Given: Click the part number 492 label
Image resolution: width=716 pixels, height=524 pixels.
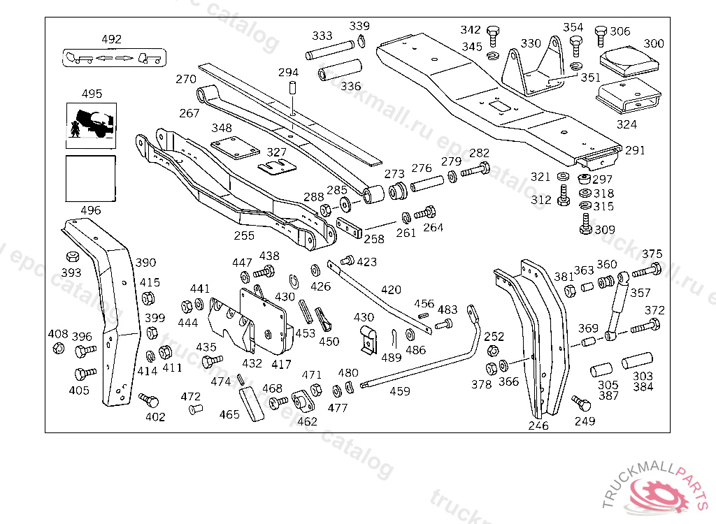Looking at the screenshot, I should click(x=111, y=39).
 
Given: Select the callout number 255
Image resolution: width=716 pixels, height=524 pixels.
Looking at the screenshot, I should click(x=244, y=235).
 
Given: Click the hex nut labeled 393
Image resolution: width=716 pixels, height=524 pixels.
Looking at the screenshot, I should click(x=71, y=256).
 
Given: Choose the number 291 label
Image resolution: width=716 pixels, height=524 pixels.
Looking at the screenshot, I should click(x=635, y=150).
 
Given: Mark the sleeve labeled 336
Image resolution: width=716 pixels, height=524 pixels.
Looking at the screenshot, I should click(x=341, y=71).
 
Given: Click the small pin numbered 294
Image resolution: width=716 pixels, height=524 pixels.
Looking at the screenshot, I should click(x=293, y=89).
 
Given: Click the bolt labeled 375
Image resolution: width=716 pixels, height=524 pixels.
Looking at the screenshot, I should click(x=647, y=270).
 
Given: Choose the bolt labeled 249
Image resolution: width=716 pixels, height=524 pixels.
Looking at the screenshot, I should click(x=579, y=404).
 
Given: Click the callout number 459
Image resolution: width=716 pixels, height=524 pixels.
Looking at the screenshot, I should click(x=399, y=391).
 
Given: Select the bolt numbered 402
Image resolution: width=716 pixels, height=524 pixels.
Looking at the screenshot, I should click(x=149, y=400).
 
